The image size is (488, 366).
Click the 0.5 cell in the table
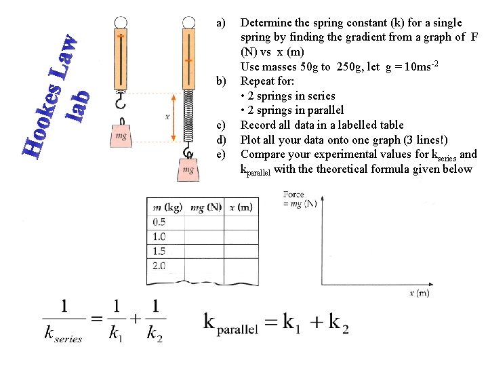pos(160,222)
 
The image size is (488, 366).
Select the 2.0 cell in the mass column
pos(160,266)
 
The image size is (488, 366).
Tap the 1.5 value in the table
pos(160,251)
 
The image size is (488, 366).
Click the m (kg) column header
pos(165,207)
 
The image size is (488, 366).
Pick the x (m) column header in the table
pos(241,207)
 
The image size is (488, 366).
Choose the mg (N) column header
pos(206,207)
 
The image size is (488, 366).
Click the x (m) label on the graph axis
pos(420,293)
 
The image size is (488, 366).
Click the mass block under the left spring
pos(121,135)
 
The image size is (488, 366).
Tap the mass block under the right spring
pos(188,169)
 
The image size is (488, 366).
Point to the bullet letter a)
pos(220,23)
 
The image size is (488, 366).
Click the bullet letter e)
pos(220,155)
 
